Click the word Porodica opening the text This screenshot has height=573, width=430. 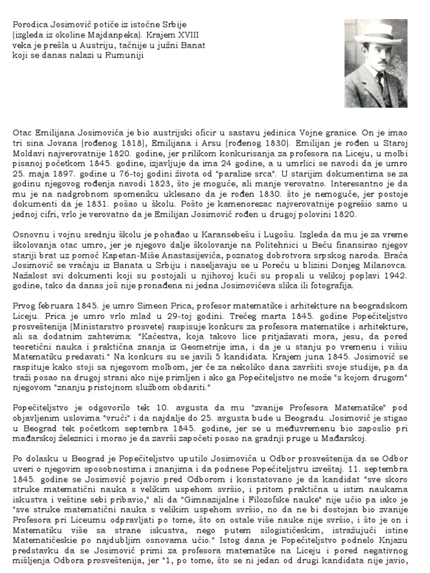[29, 25]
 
